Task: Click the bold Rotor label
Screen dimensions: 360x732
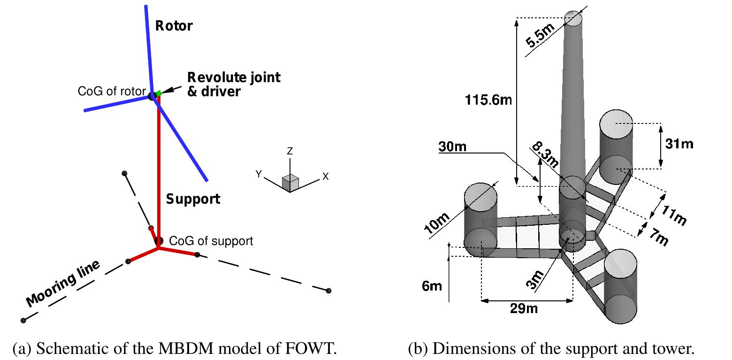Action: (174, 26)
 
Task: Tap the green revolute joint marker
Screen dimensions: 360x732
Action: (159, 94)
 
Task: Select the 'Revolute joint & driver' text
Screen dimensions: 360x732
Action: (233, 84)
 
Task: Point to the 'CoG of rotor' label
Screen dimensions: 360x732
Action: (112, 91)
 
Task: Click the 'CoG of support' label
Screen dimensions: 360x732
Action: (211, 241)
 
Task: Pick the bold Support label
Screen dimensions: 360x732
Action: (193, 199)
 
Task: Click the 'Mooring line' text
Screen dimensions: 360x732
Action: (63, 283)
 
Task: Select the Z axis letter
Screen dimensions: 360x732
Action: (290, 151)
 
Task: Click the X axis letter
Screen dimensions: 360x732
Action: (325, 176)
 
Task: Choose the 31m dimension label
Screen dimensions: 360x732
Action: (679, 144)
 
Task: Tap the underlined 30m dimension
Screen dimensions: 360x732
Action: (452, 146)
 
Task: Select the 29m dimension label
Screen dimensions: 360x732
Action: (524, 308)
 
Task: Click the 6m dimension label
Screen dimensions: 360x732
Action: (432, 286)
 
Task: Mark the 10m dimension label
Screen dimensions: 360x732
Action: (436, 222)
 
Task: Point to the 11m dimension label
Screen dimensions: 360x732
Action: (674, 214)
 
